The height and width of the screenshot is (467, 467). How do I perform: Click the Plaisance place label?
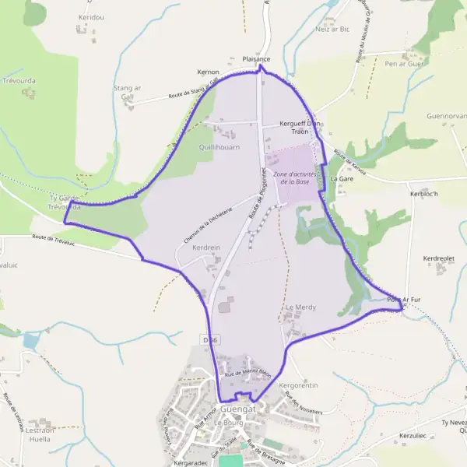pyautogui.click(x=256, y=58)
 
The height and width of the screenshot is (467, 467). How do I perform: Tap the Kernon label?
pyautogui.click(x=209, y=72)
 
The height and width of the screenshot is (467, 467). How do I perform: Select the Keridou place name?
pyautogui.click(x=91, y=16)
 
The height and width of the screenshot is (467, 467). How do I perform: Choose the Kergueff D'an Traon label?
pyautogui.click(x=300, y=128)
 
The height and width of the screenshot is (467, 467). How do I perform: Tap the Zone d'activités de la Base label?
pyautogui.click(x=294, y=178)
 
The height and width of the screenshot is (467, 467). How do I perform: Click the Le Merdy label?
pyautogui.click(x=301, y=307)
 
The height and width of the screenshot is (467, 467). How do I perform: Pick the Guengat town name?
pyautogui.click(x=238, y=409)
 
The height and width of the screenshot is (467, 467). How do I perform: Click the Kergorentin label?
pyautogui.click(x=299, y=385)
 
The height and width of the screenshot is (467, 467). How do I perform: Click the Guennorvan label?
pyautogui.click(x=446, y=116)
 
